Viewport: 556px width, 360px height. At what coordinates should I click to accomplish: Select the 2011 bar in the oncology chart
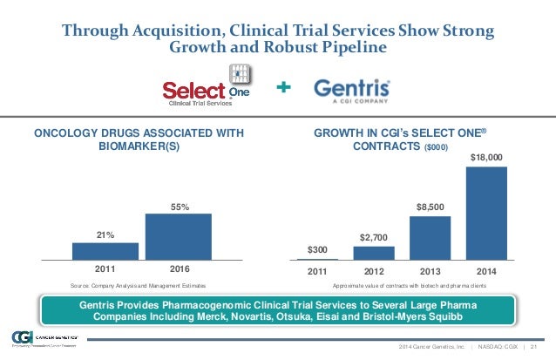click(105, 251)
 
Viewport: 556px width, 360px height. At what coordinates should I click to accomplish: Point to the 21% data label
click(105, 234)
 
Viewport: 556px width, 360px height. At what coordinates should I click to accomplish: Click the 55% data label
click(178, 207)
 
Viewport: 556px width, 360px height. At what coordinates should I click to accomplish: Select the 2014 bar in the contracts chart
click(486, 213)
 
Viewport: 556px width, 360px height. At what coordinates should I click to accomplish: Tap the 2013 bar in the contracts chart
click(431, 238)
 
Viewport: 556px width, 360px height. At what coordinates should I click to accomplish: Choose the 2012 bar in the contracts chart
click(374, 253)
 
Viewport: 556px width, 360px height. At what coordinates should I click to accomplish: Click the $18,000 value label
click(486, 158)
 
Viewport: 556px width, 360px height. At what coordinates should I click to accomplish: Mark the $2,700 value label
click(374, 238)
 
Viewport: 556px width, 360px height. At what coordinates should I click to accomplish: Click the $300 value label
click(318, 250)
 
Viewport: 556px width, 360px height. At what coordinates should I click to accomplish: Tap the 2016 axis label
click(178, 270)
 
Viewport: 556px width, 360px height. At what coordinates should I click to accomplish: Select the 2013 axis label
click(431, 270)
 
